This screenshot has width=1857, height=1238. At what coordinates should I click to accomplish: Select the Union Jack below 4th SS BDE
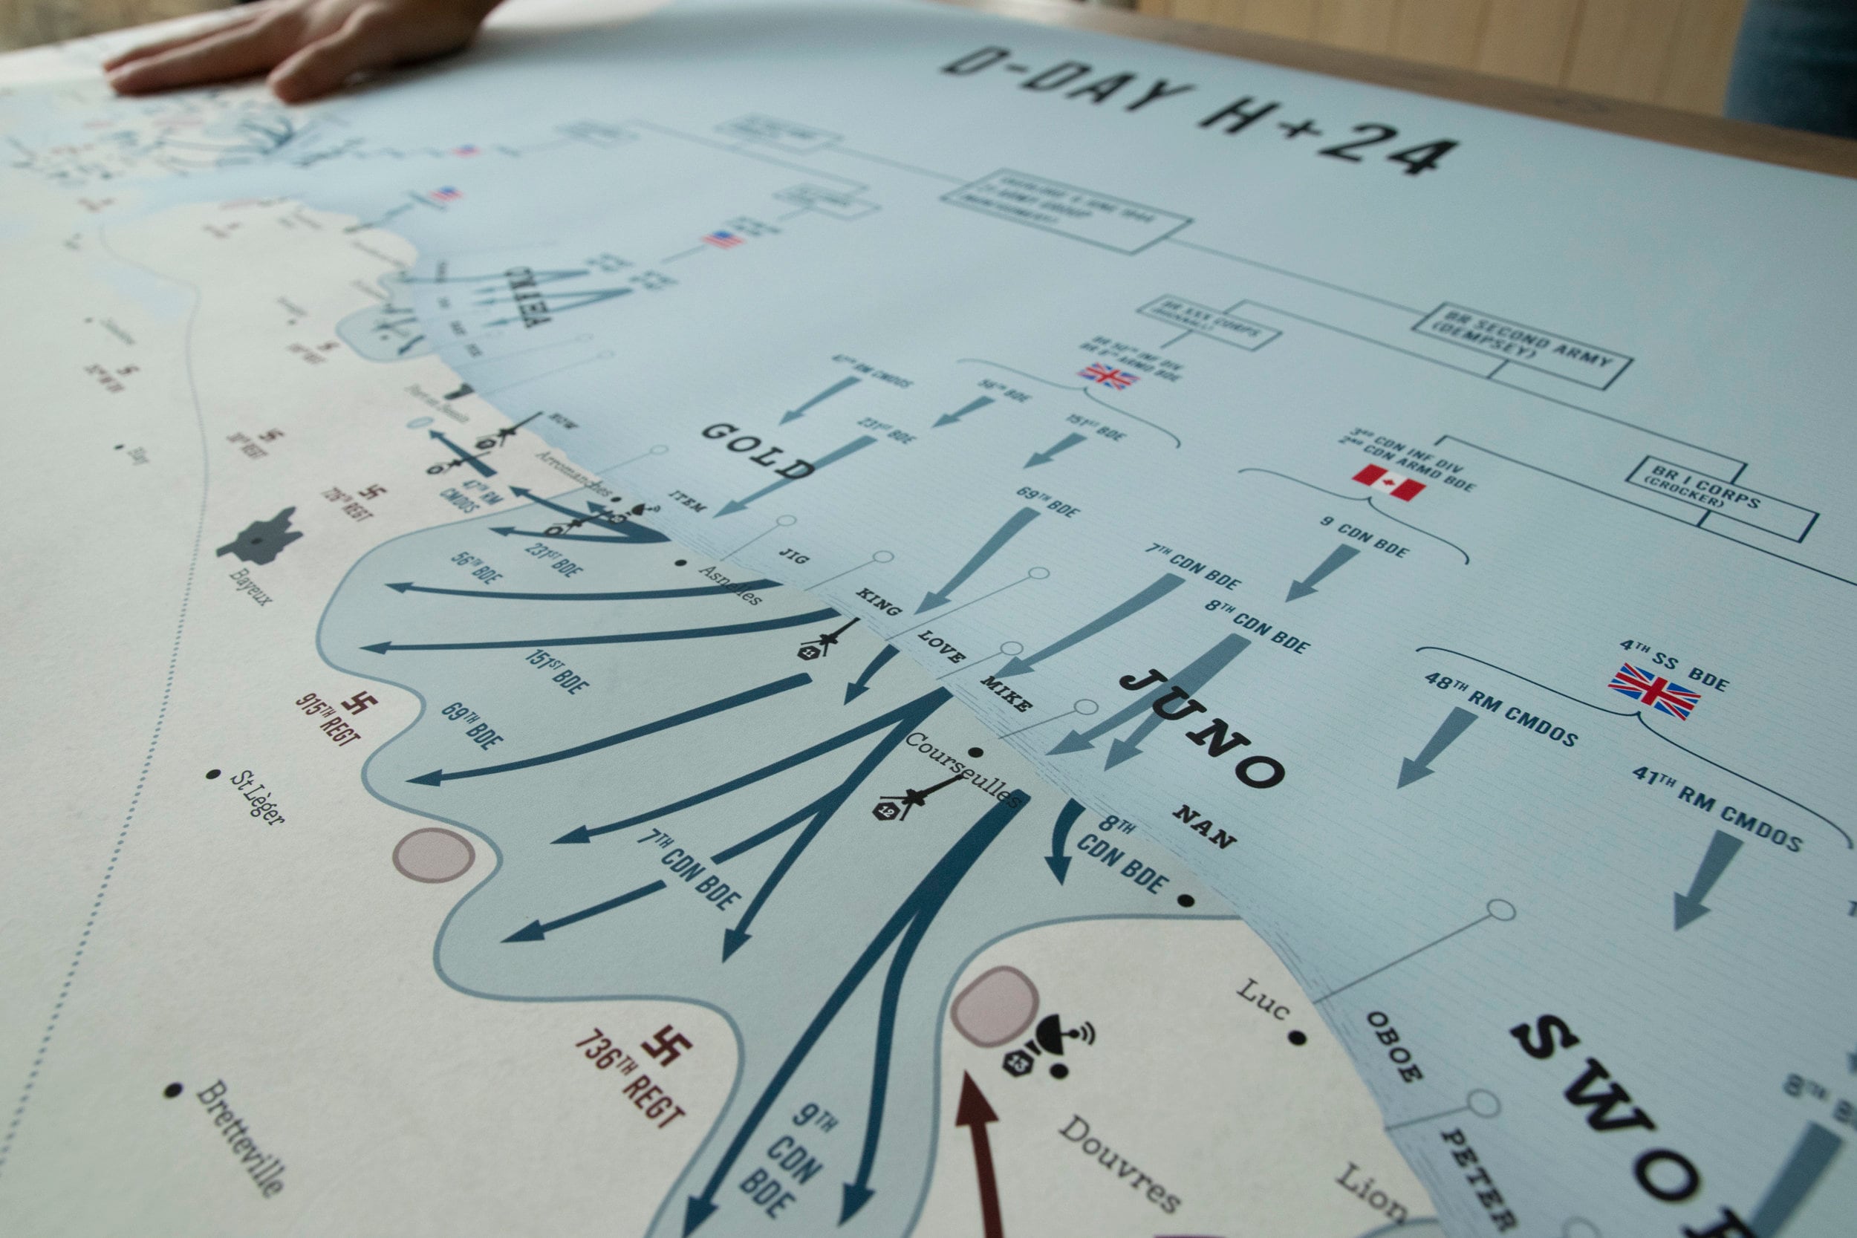coord(1653,691)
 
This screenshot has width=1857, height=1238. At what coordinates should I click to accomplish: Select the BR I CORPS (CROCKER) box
coord(1720,497)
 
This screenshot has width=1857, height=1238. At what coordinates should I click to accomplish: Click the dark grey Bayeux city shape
coord(262,536)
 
